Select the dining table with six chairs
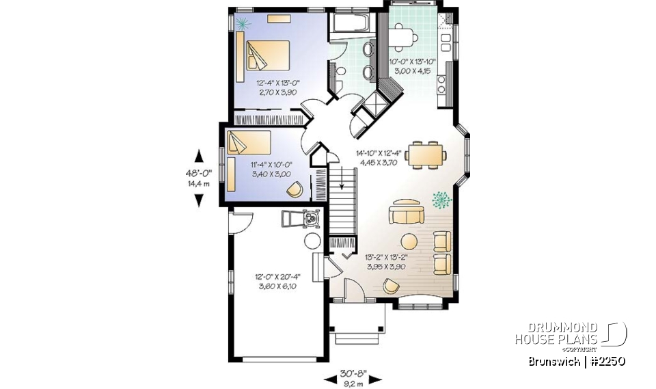click(425, 154)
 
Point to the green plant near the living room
click(442, 199)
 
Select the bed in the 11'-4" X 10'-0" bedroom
click(251, 144)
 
